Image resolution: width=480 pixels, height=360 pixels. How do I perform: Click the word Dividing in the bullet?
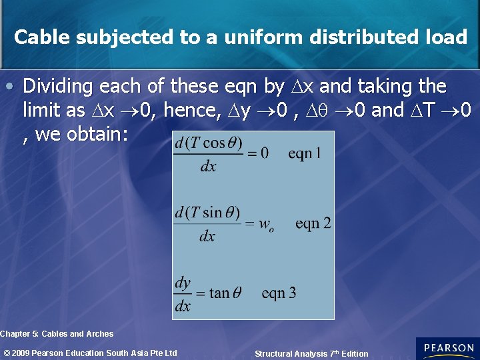[58, 87]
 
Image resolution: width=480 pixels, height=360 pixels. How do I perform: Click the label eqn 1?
[305, 154]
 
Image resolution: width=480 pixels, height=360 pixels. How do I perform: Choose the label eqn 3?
[279, 293]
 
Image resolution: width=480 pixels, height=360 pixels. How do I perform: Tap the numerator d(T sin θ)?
[207, 213]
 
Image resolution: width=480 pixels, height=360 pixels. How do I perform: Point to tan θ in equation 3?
[225, 293]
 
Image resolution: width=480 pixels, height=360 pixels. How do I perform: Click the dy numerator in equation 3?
[183, 283]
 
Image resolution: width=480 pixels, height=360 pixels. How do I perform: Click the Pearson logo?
[447, 349]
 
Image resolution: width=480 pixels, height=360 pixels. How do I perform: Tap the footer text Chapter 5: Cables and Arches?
[57, 334]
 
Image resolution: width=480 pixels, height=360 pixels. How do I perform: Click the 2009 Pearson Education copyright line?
[90, 353]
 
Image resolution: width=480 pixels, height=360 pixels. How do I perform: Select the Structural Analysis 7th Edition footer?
[311, 354]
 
